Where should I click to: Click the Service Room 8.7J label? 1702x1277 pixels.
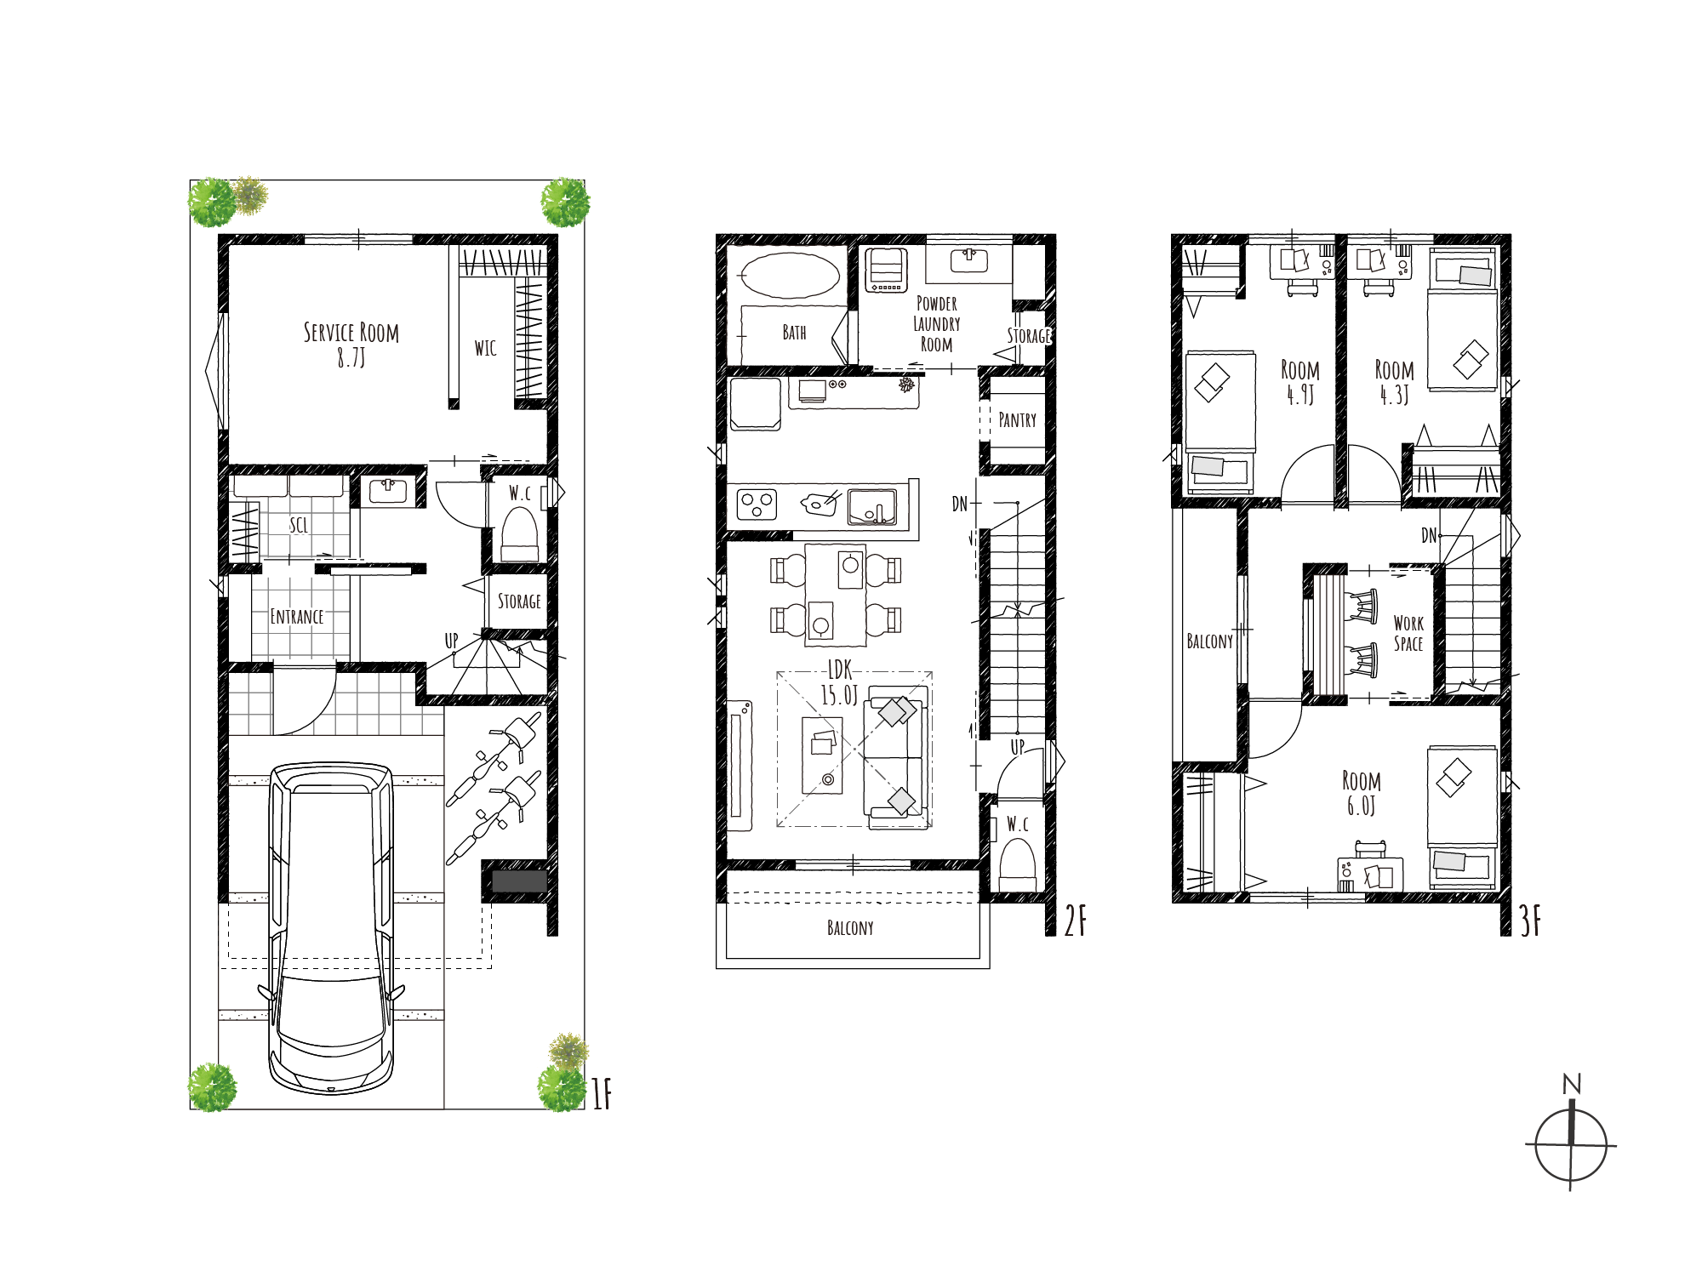[x=351, y=344]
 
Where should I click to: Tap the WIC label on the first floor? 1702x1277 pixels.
[x=485, y=348]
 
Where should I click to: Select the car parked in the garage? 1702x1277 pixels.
[x=332, y=927]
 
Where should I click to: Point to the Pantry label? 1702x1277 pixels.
[x=1018, y=420]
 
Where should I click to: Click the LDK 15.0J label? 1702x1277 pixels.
[x=839, y=683]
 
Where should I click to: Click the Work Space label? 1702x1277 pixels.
[x=1408, y=634]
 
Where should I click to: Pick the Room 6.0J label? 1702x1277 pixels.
[x=1362, y=793]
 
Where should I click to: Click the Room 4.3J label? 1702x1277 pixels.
[x=1395, y=382]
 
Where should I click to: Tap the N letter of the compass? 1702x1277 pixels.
[x=1572, y=1084]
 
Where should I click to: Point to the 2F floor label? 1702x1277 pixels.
[x=1076, y=921]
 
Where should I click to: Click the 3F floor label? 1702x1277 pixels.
[x=1530, y=921]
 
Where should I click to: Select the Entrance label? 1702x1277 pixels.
[x=297, y=617]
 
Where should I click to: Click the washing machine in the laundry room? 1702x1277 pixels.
[x=886, y=270]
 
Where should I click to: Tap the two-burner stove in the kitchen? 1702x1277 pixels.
[x=757, y=505]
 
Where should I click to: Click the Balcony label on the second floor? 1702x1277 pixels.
[x=850, y=928]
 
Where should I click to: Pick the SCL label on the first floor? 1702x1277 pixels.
[x=299, y=525]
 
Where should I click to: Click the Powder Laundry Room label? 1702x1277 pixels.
[x=937, y=324]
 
